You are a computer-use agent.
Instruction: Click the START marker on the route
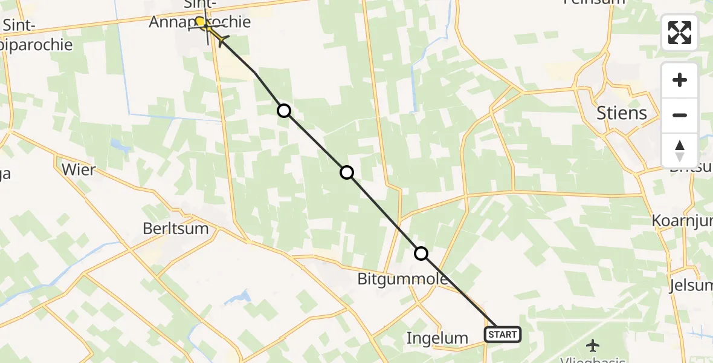(502, 335)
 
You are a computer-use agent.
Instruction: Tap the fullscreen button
(680, 33)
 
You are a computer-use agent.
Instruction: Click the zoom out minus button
(680, 115)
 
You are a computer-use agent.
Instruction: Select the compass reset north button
(680, 150)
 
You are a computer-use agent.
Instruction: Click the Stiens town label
(621, 113)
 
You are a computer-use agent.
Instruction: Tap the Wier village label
(79, 169)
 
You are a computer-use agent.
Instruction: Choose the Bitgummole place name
(402, 279)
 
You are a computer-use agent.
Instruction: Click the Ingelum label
(438, 338)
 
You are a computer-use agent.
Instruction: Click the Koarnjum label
(682, 221)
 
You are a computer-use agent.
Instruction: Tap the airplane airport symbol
(593, 345)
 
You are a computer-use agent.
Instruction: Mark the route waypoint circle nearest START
(421, 253)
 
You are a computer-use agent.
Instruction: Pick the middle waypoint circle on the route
(347, 172)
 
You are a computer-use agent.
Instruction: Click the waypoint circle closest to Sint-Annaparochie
(284, 110)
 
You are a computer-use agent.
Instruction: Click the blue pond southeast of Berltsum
(237, 298)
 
